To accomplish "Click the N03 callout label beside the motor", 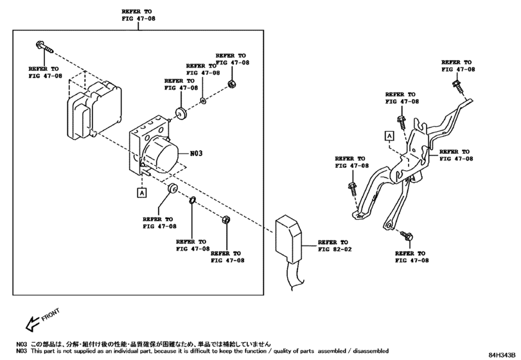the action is pyautogui.click(x=196, y=153).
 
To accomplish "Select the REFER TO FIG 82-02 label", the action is pyautogui.click(x=335, y=246).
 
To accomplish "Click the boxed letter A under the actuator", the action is pyautogui.click(x=142, y=192).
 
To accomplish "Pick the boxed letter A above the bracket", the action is pyautogui.click(x=389, y=136).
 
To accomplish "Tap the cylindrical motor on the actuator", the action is pyautogui.click(x=160, y=156).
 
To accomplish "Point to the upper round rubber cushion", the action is pyautogui.click(x=181, y=113).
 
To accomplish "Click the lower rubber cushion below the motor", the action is pyautogui.click(x=172, y=188).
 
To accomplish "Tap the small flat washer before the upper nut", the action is pyautogui.click(x=203, y=100).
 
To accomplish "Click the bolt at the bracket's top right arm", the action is pyautogui.click(x=457, y=86).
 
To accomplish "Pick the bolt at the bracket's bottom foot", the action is pyautogui.click(x=407, y=236).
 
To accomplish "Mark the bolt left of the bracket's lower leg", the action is pyautogui.click(x=352, y=189).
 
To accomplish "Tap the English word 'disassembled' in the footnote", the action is pyautogui.click(x=371, y=351).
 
